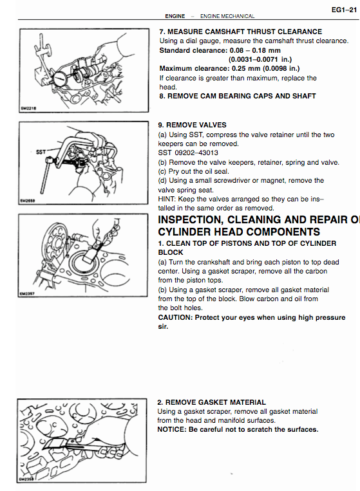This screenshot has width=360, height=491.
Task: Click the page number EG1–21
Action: (344, 10)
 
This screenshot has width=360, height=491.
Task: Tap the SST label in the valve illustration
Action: (41, 152)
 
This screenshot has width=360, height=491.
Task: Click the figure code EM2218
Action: (28, 108)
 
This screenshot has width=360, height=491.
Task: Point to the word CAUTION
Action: (175, 317)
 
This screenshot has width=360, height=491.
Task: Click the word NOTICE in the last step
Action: (171, 429)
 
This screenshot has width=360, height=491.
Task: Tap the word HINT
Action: (167, 199)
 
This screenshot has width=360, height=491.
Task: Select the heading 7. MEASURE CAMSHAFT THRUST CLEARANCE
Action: (241, 32)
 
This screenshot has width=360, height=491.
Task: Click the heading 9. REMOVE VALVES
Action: (192, 125)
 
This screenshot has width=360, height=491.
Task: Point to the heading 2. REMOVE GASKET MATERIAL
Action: (211, 402)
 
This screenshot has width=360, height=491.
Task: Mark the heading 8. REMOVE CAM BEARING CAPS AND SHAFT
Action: (238, 96)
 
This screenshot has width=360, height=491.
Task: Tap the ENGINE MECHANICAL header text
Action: (227, 16)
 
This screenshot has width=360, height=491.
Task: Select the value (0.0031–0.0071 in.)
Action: (260, 59)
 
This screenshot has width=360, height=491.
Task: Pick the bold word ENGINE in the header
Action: (175, 16)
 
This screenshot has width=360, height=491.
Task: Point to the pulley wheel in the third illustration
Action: (55, 241)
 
